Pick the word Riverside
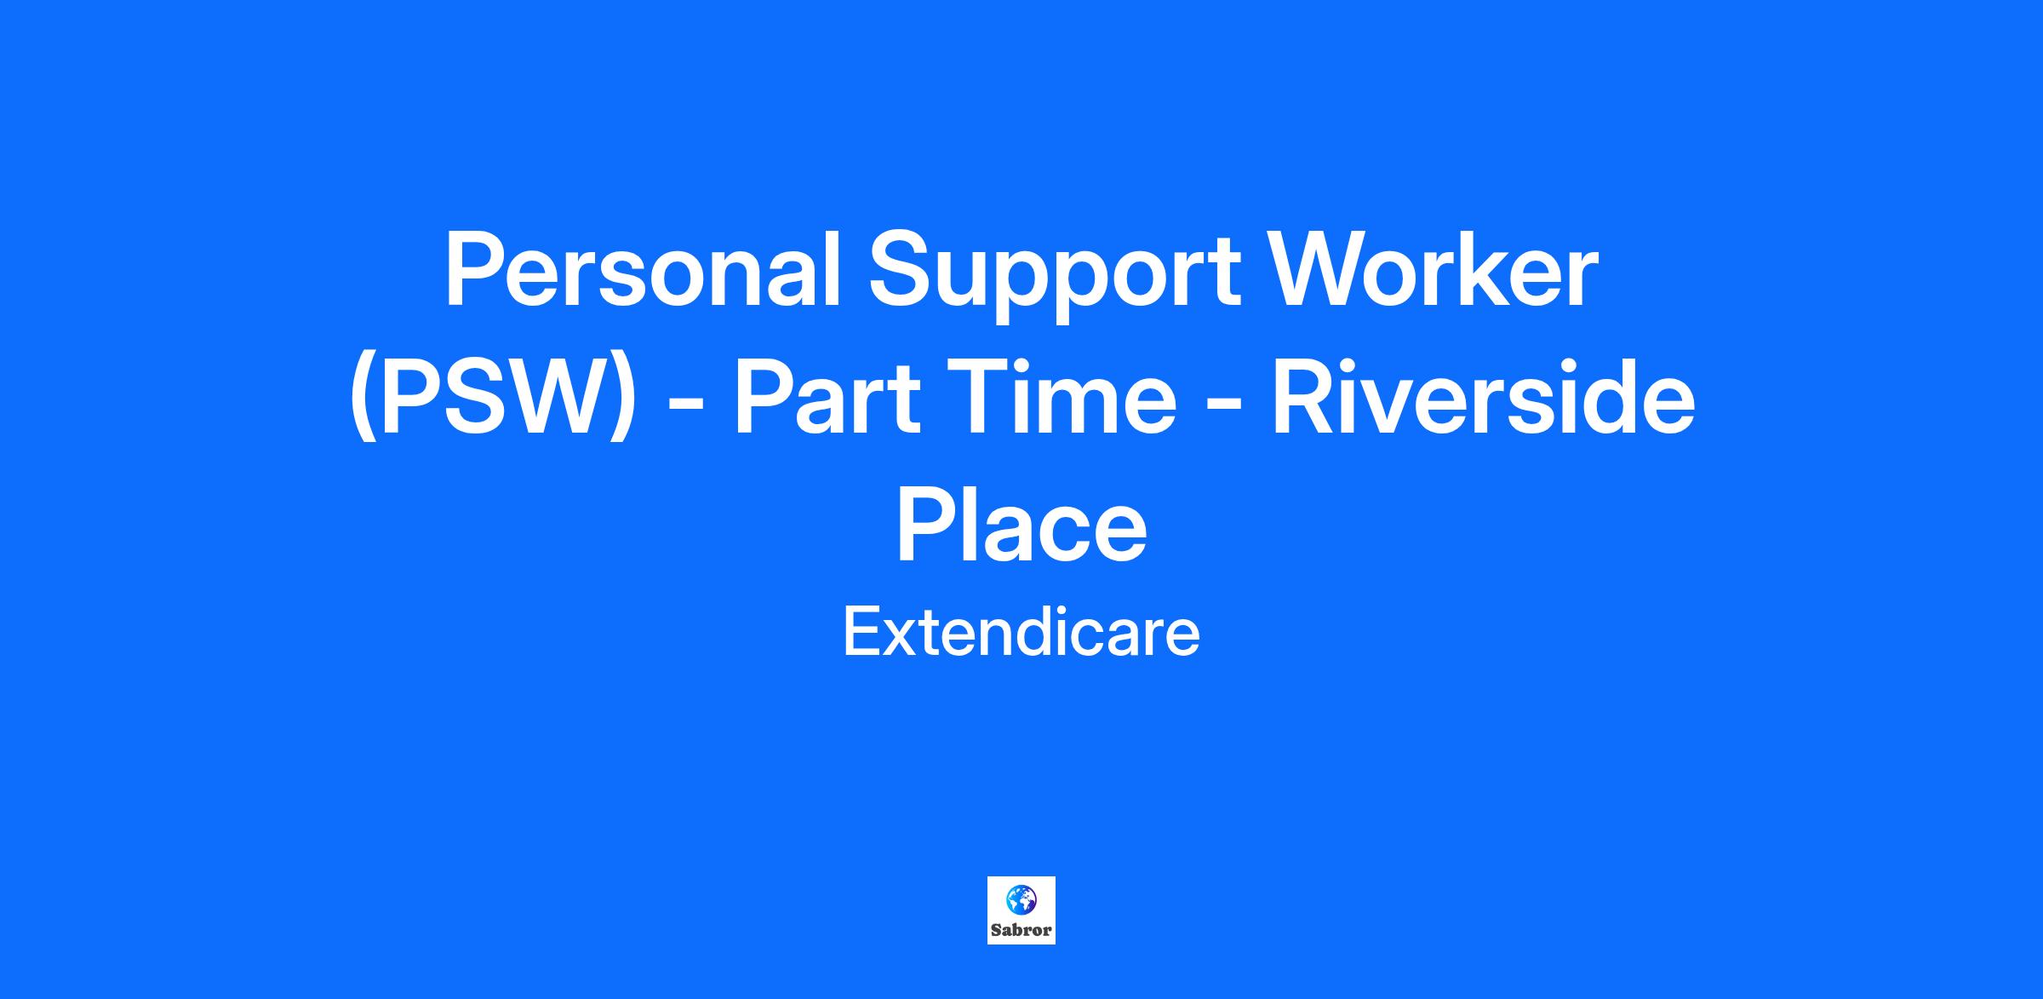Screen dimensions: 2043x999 (1484, 398)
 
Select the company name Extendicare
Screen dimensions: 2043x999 (1021, 634)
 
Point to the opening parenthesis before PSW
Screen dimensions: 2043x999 (363, 400)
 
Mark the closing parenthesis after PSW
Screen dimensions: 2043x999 (624, 400)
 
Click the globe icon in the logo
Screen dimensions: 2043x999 (1021, 899)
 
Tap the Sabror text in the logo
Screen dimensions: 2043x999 (1021, 930)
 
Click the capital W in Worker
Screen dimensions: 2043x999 (1317, 269)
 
